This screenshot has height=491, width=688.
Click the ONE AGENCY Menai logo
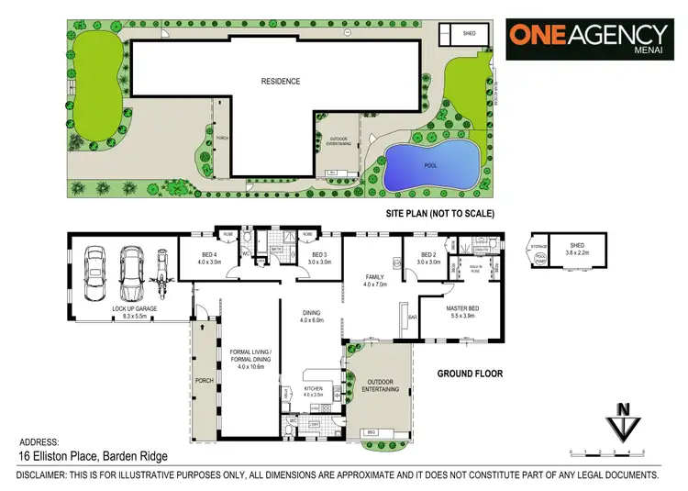tap(589, 39)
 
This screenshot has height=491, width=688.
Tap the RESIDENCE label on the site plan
tap(281, 81)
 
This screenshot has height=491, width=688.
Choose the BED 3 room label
tap(319, 258)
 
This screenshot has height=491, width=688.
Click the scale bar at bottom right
tap(607, 452)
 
